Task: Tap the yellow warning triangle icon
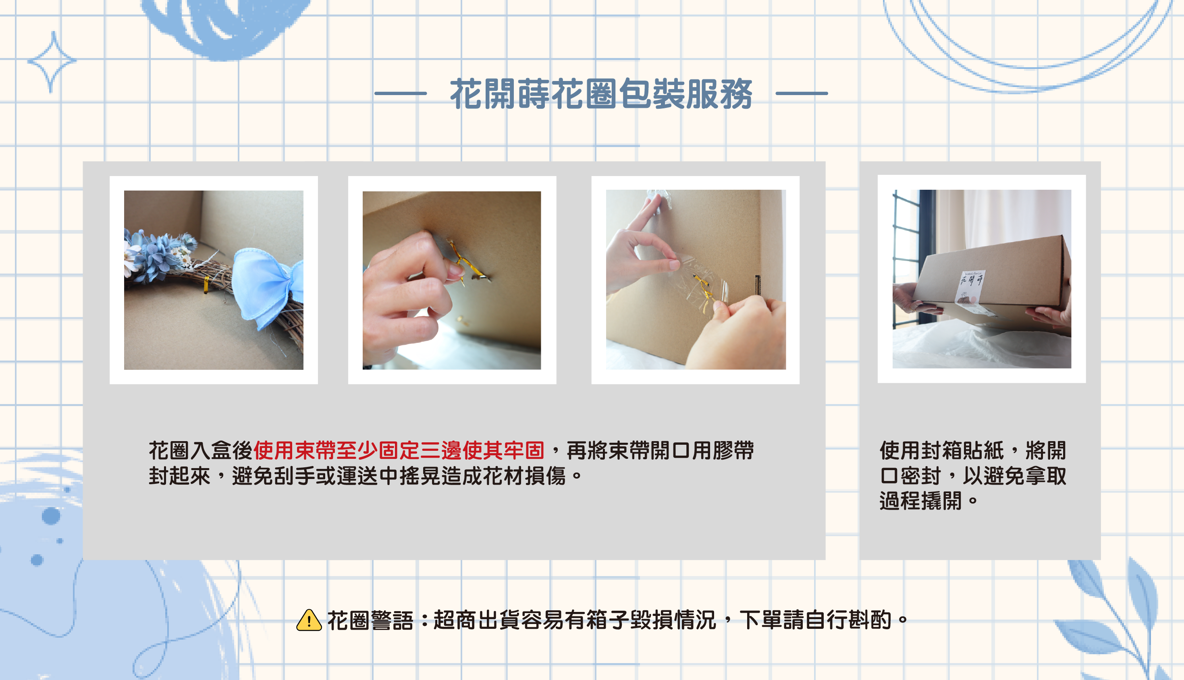pyautogui.click(x=309, y=620)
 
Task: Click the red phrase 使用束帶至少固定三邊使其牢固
pyautogui.click(x=399, y=450)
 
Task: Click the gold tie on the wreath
pyautogui.click(x=206, y=285)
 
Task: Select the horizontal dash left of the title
pyautogui.click(x=400, y=93)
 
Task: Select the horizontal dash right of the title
pyautogui.click(x=802, y=93)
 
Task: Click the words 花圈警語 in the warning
pyautogui.click(x=370, y=621)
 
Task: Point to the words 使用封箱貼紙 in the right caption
pyautogui.click(x=941, y=450)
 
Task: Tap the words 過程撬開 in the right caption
pyautogui.click(x=920, y=501)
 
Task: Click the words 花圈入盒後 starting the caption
pyautogui.click(x=201, y=450)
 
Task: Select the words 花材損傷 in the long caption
pyautogui.click(x=525, y=475)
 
